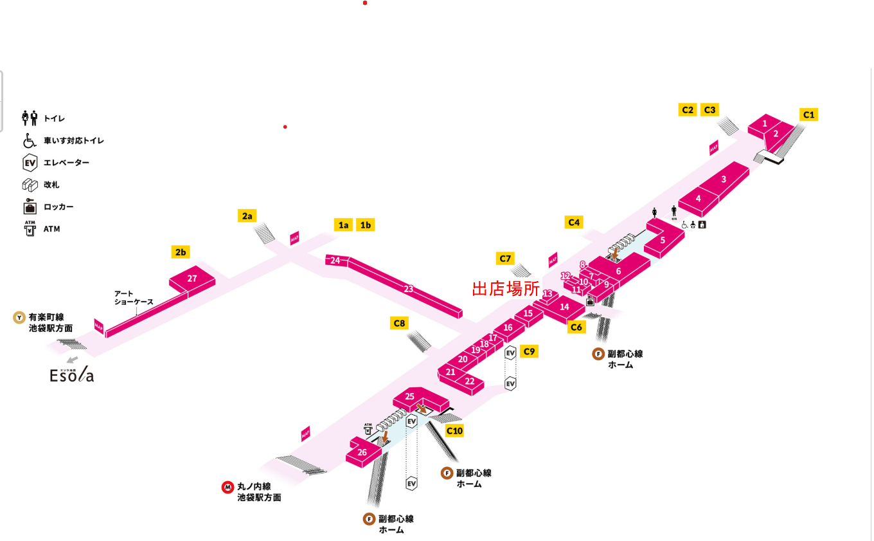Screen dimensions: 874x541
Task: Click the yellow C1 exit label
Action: tap(809, 115)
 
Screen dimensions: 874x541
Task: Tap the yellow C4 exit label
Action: tap(574, 223)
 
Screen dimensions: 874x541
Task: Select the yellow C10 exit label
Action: tap(454, 430)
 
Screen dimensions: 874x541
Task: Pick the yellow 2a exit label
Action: tap(247, 215)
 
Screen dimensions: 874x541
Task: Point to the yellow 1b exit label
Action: tap(366, 225)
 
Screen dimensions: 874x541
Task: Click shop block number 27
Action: tap(192, 279)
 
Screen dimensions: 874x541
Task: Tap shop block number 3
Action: tap(724, 179)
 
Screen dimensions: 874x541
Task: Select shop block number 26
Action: tap(362, 452)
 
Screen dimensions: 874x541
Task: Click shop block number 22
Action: tap(470, 381)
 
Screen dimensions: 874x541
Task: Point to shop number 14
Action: tap(564, 307)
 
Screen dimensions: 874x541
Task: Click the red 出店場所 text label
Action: tap(506, 288)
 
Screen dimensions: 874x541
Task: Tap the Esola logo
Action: tap(72, 374)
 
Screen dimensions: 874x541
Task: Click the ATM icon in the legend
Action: tap(30, 228)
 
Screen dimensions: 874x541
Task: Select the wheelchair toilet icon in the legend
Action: tap(30, 140)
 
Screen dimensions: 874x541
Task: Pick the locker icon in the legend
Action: tap(30, 206)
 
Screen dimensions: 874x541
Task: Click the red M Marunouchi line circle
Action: tap(227, 487)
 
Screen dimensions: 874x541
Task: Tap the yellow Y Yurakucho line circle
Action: tap(20, 317)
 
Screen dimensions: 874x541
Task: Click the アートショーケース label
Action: tap(134, 297)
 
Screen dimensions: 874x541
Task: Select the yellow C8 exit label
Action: tap(399, 323)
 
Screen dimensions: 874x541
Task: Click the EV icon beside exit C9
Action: tap(511, 353)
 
